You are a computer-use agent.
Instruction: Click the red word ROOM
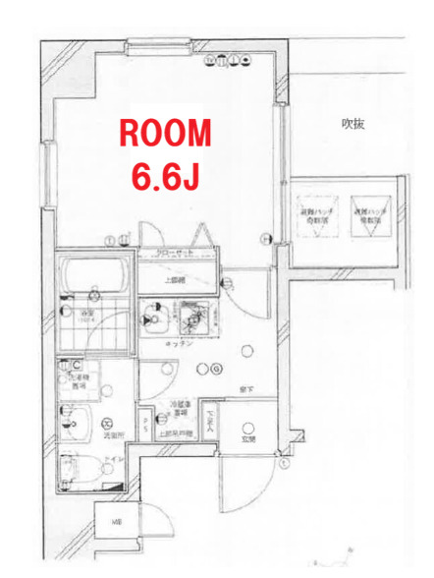(x=165, y=133)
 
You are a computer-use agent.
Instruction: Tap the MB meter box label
(x=116, y=521)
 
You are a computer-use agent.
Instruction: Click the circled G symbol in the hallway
(x=214, y=369)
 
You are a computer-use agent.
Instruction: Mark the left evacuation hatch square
(x=315, y=209)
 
